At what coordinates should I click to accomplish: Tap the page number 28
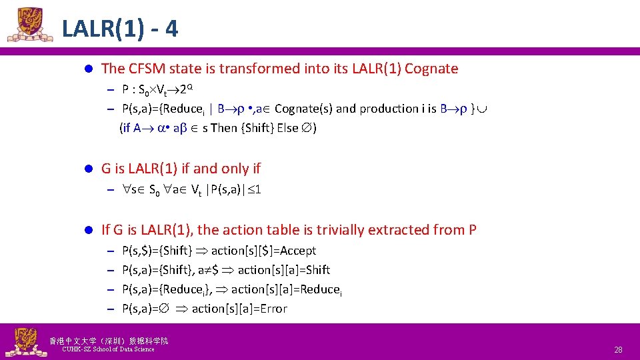(618, 349)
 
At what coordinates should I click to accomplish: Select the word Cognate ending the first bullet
(431, 68)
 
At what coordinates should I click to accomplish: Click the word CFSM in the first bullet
(147, 68)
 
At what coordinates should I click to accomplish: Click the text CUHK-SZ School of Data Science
(108, 349)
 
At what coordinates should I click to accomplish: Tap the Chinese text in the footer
(109, 341)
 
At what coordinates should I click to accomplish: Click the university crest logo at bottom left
(24, 342)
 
